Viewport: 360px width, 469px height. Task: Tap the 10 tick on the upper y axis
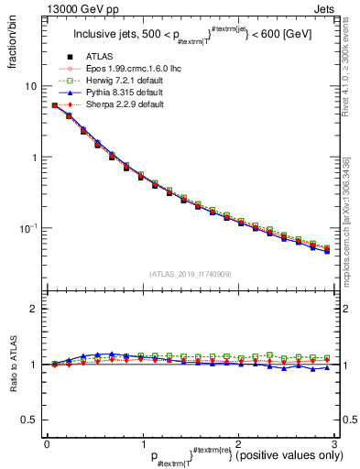click(x=30, y=85)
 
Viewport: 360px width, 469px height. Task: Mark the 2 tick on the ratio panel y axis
click(x=33, y=309)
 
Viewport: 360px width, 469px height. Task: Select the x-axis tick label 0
click(x=47, y=443)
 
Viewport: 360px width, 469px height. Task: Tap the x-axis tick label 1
click(x=142, y=443)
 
